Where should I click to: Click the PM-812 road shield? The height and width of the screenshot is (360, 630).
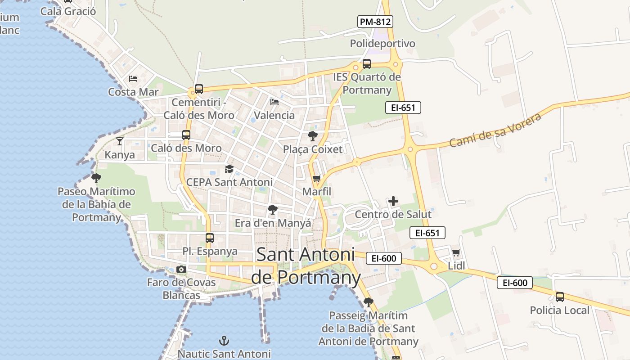click(375, 21)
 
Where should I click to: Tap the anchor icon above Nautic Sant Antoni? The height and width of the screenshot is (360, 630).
click(224, 341)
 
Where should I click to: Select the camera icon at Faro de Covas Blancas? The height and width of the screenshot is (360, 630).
click(181, 269)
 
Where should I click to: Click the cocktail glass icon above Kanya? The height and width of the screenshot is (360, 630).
click(119, 141)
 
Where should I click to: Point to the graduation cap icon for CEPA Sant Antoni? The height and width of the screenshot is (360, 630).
click(229, 169)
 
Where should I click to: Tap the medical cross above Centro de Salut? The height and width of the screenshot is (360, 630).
click(393, 201)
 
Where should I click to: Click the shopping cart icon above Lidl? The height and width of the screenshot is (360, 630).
click(456, 252)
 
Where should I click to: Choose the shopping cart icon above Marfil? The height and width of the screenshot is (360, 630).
click(316, 179)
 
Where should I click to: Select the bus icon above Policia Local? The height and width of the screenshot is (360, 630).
click(559, 297)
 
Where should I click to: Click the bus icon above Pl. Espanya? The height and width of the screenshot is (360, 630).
click(209, 238)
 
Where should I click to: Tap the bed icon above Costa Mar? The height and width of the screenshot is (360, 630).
click(133, 78)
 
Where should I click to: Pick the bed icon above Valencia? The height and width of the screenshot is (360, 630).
click(274, 102)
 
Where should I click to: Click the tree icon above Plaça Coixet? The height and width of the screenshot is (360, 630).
click(312, 135)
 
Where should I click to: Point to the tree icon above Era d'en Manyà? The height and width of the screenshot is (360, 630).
click(272, 209)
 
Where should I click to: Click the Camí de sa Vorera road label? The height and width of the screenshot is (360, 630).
click(495, 130)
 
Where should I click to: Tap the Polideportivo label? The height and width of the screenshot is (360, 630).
click(382, 44)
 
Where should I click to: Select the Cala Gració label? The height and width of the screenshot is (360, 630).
click(68, 11)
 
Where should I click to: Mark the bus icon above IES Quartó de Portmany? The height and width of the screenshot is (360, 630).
click(367, 63)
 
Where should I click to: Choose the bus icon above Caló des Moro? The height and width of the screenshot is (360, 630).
click(186, 135)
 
